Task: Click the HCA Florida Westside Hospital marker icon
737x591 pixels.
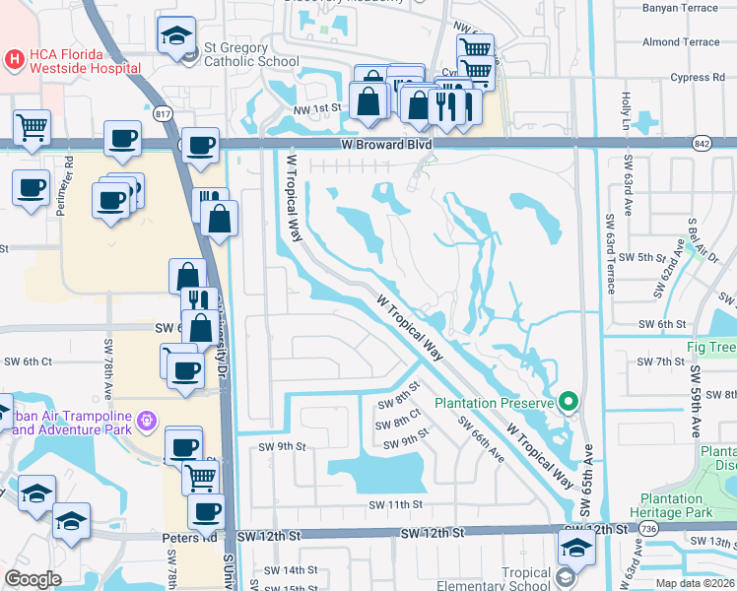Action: (15, 58)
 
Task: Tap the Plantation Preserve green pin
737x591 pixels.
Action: (568, 402)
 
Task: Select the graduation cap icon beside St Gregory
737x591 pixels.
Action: (176, 38)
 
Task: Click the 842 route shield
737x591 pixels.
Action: (701, 143)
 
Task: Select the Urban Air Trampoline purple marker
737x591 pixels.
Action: (147, 421)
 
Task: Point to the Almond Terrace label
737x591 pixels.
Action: (681, 42)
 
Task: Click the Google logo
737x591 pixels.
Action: (33, 579)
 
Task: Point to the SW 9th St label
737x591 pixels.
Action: (283, 446)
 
